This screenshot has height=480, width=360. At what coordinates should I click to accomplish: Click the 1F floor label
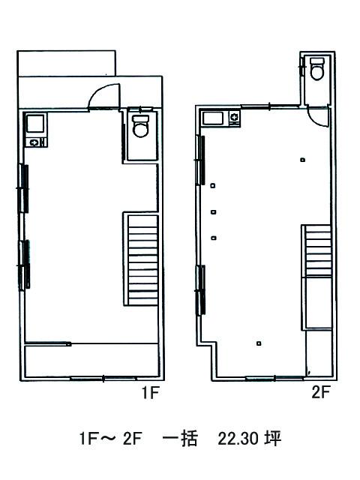pyautogui.click(x=151, y=393)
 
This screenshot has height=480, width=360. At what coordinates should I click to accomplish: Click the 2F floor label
pyautogui.click(x=320, y=392)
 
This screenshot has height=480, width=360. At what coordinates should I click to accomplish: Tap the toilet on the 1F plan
pyautogui.click(x=141, y=126)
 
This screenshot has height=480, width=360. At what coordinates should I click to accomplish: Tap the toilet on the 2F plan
pyautogui.click(x=317, y=69)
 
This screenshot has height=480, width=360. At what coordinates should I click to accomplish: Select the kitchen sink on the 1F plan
pyautogui.click(x=35, y=123)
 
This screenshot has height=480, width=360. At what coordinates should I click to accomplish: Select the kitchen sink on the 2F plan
pyautogui.click(x=213, y=118)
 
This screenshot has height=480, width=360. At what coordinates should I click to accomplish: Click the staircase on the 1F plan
pyautogui.click(x=143, y=260)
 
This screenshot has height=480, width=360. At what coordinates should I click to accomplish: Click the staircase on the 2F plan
pyautogui.click(x=318, y=250)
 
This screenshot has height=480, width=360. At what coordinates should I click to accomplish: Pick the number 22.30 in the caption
pyautogui.click(x=237, y=439)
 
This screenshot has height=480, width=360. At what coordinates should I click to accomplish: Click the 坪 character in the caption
pyautogui.click(x=273, y=439)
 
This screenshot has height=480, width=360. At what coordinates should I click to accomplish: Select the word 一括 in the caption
pyautogui.click(x=180, y=439)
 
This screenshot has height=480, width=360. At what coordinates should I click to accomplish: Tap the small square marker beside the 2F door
pyautogui.click(x=303, y=160)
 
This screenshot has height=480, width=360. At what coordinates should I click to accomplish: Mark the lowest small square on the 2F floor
pyautogui.click(x=259, y=343)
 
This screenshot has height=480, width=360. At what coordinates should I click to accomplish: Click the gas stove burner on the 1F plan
pyautogui.click(x=34, y=142)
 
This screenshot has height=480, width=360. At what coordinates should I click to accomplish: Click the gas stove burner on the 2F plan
pyautogui.click(x=234, y=117)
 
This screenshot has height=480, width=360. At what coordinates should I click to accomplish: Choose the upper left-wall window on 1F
pyautogui.click(x=24, y=188)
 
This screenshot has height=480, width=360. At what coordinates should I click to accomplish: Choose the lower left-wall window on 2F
pyautogui.click(x=201, y=290)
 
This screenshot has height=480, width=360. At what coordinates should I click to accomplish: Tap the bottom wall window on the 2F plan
pyautogui.click(x=274, y=378)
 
